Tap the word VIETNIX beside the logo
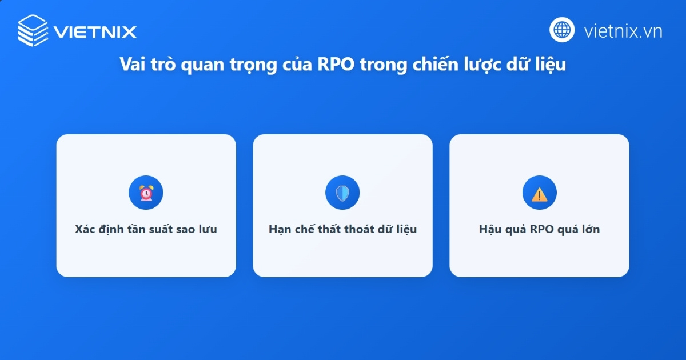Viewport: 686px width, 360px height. click(95, 31)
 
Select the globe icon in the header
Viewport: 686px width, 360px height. click(562, 30)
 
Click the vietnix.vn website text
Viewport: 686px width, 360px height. click(623, 31)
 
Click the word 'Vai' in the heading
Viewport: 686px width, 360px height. click(133, 65)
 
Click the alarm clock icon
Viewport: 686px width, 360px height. click(146, 193)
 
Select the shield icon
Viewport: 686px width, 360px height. click(342, 193)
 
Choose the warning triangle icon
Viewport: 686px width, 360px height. click(539, 193)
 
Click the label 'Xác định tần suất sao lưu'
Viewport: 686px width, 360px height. click(146, 230)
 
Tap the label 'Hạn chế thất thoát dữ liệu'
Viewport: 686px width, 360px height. click(342, 230)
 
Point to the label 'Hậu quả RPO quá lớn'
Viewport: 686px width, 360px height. click(539, 230)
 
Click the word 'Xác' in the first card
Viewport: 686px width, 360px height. click(85, 230)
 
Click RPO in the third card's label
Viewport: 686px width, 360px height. click(542, 230)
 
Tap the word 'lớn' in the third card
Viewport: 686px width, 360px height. click(589, 230)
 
